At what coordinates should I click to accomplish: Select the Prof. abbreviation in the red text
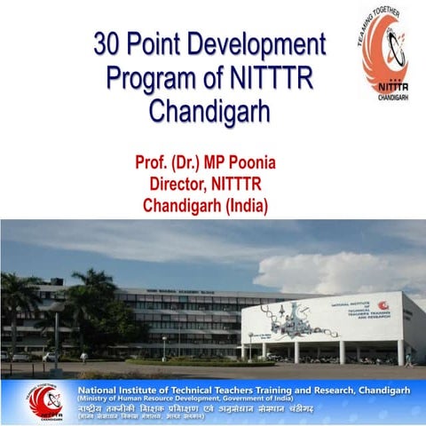152,164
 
